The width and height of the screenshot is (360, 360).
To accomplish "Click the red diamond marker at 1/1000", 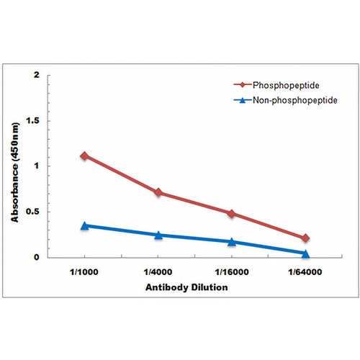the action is tap(84, 156).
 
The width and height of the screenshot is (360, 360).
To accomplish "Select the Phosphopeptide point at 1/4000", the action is tap(158, 192).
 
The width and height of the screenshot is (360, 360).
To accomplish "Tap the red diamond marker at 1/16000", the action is tap(232, 213).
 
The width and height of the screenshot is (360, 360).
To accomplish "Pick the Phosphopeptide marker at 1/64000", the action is tap(305, 238).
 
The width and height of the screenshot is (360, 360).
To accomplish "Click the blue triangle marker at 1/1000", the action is tap(84, 225).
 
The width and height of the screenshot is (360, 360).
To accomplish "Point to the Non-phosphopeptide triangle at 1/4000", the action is tap(158, 235).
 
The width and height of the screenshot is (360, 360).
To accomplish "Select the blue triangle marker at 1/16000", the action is tap(232, 242).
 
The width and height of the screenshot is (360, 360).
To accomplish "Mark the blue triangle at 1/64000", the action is tap(305, 253).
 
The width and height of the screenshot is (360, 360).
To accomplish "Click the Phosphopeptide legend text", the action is tap(286, 85).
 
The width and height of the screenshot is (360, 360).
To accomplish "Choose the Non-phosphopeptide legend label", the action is tap(295, 100).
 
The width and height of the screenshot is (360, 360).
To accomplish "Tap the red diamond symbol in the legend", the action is tap(243, 85).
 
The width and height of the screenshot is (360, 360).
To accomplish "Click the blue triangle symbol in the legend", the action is tap(243, 100).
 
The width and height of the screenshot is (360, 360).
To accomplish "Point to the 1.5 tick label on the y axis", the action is tap(33, 121).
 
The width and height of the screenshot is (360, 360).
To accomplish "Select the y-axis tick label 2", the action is tap(37, 75).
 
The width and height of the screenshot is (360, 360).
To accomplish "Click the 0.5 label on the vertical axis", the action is tap(32, 212).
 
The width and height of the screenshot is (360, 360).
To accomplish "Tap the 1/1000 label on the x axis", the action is tap(84, 272).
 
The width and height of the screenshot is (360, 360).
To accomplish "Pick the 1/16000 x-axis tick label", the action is tap(232, 272).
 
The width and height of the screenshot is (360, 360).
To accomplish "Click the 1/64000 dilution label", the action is tap(305, 272).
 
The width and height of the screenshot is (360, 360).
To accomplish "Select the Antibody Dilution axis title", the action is tap(186, 287).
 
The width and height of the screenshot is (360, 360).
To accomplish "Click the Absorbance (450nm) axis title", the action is tap(15, 173).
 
